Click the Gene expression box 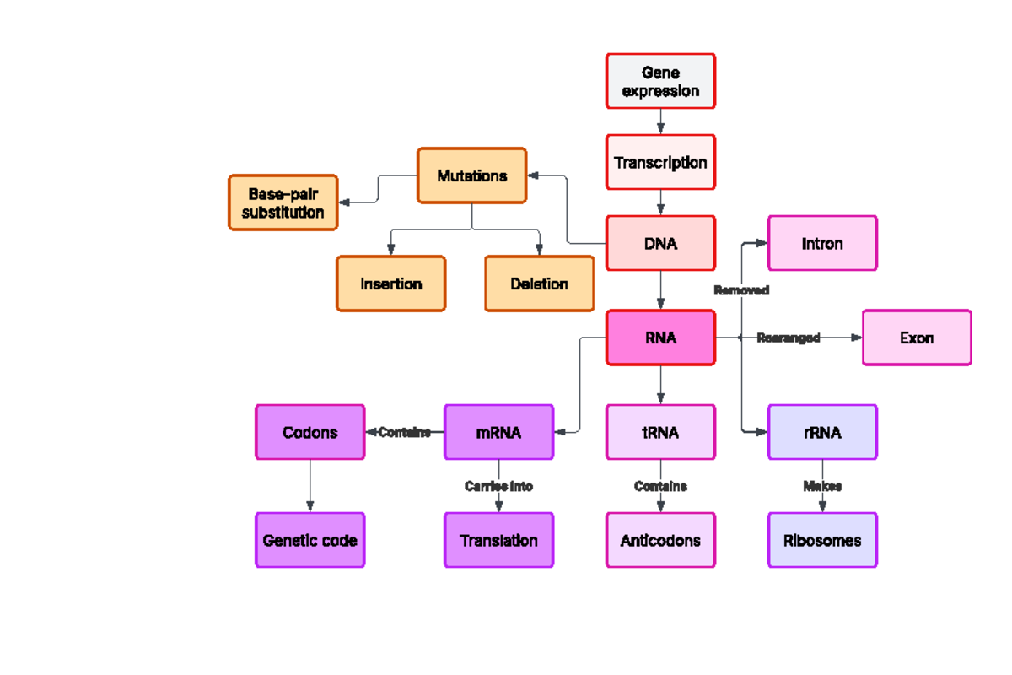[x=660, y=81]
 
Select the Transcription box [x=660, y=162]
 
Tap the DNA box [x=660, y=243]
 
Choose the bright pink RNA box [x=660, y=337]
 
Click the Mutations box [x=471, y=175]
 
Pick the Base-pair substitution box [x=283, y=202]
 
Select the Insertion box [x=390, y=283]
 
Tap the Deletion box [x=539, y=283]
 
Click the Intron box [x=822, y=243]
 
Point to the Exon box [x=917, y=337]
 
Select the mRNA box [x=498, y=432]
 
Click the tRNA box [x=660, y=432]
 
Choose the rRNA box [x=822, y=432]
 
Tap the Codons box [x=310, y=432]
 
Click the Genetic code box [x=310, y=540]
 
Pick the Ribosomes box [x=822, y=540]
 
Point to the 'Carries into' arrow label [x=498, y=486]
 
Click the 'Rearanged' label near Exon [x=788, y=337]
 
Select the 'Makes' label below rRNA [x=822, y=486]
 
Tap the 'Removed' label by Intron [x=741, y=290]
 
